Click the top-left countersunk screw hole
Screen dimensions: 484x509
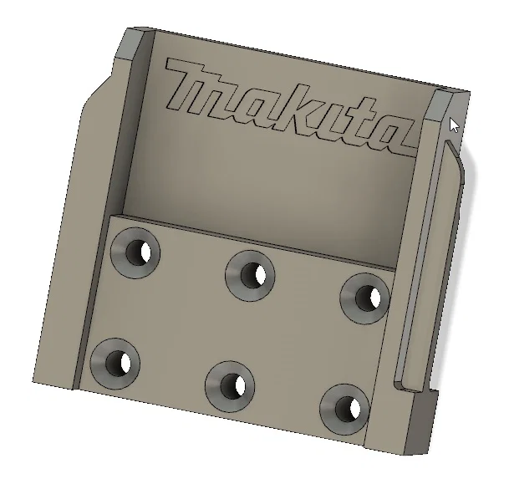coord(136,252)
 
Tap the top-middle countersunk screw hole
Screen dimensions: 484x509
coord(252,274)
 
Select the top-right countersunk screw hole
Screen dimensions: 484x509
coord(364,296)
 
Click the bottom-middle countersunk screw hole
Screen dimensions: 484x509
coord(230,385)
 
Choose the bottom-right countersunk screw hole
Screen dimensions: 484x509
coord(344,408)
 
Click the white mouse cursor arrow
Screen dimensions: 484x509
coord(454,125)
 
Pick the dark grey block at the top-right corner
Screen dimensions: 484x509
coord(443,104)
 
